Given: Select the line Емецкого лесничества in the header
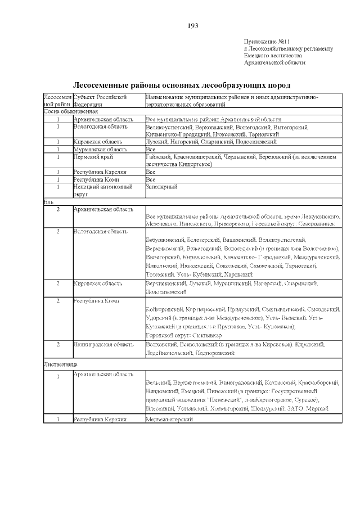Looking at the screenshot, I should click(273, 56).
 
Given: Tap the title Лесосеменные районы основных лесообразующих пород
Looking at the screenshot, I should click(182, 85).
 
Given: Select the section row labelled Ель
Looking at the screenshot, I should click(48, 201).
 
